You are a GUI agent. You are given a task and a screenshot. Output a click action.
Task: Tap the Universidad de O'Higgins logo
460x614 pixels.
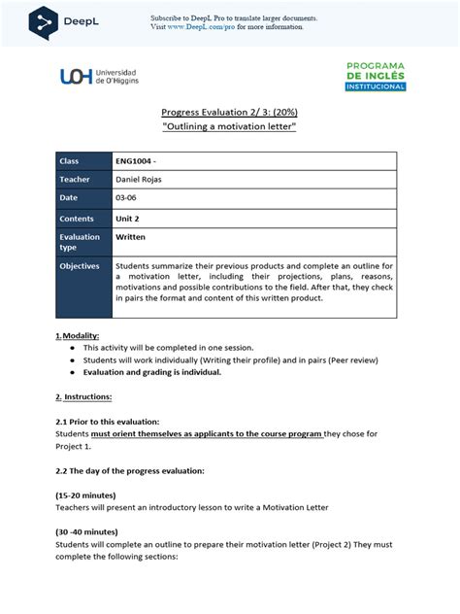tap(99, 77)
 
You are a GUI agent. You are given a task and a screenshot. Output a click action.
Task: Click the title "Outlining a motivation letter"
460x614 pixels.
tap(229, 127)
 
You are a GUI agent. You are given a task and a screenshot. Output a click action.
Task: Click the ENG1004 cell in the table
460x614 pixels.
tap(136, 160)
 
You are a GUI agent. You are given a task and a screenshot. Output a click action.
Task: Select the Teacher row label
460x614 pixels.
tap(75, 180)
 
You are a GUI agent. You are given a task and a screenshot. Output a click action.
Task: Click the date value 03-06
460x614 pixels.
tap(127, 199)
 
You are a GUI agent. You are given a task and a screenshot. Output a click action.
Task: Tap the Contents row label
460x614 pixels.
tap(78, 220)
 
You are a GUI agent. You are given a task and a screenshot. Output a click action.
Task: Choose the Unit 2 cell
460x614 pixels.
tap(129, 220)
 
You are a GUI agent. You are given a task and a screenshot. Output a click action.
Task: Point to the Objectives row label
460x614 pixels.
tap(81, 265)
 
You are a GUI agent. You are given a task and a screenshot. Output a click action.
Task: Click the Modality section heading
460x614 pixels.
tap(80, 335)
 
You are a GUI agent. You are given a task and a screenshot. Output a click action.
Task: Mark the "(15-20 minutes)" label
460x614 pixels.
tap(88, 495)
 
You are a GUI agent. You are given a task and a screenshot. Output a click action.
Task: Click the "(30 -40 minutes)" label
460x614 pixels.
tap(88, 532)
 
